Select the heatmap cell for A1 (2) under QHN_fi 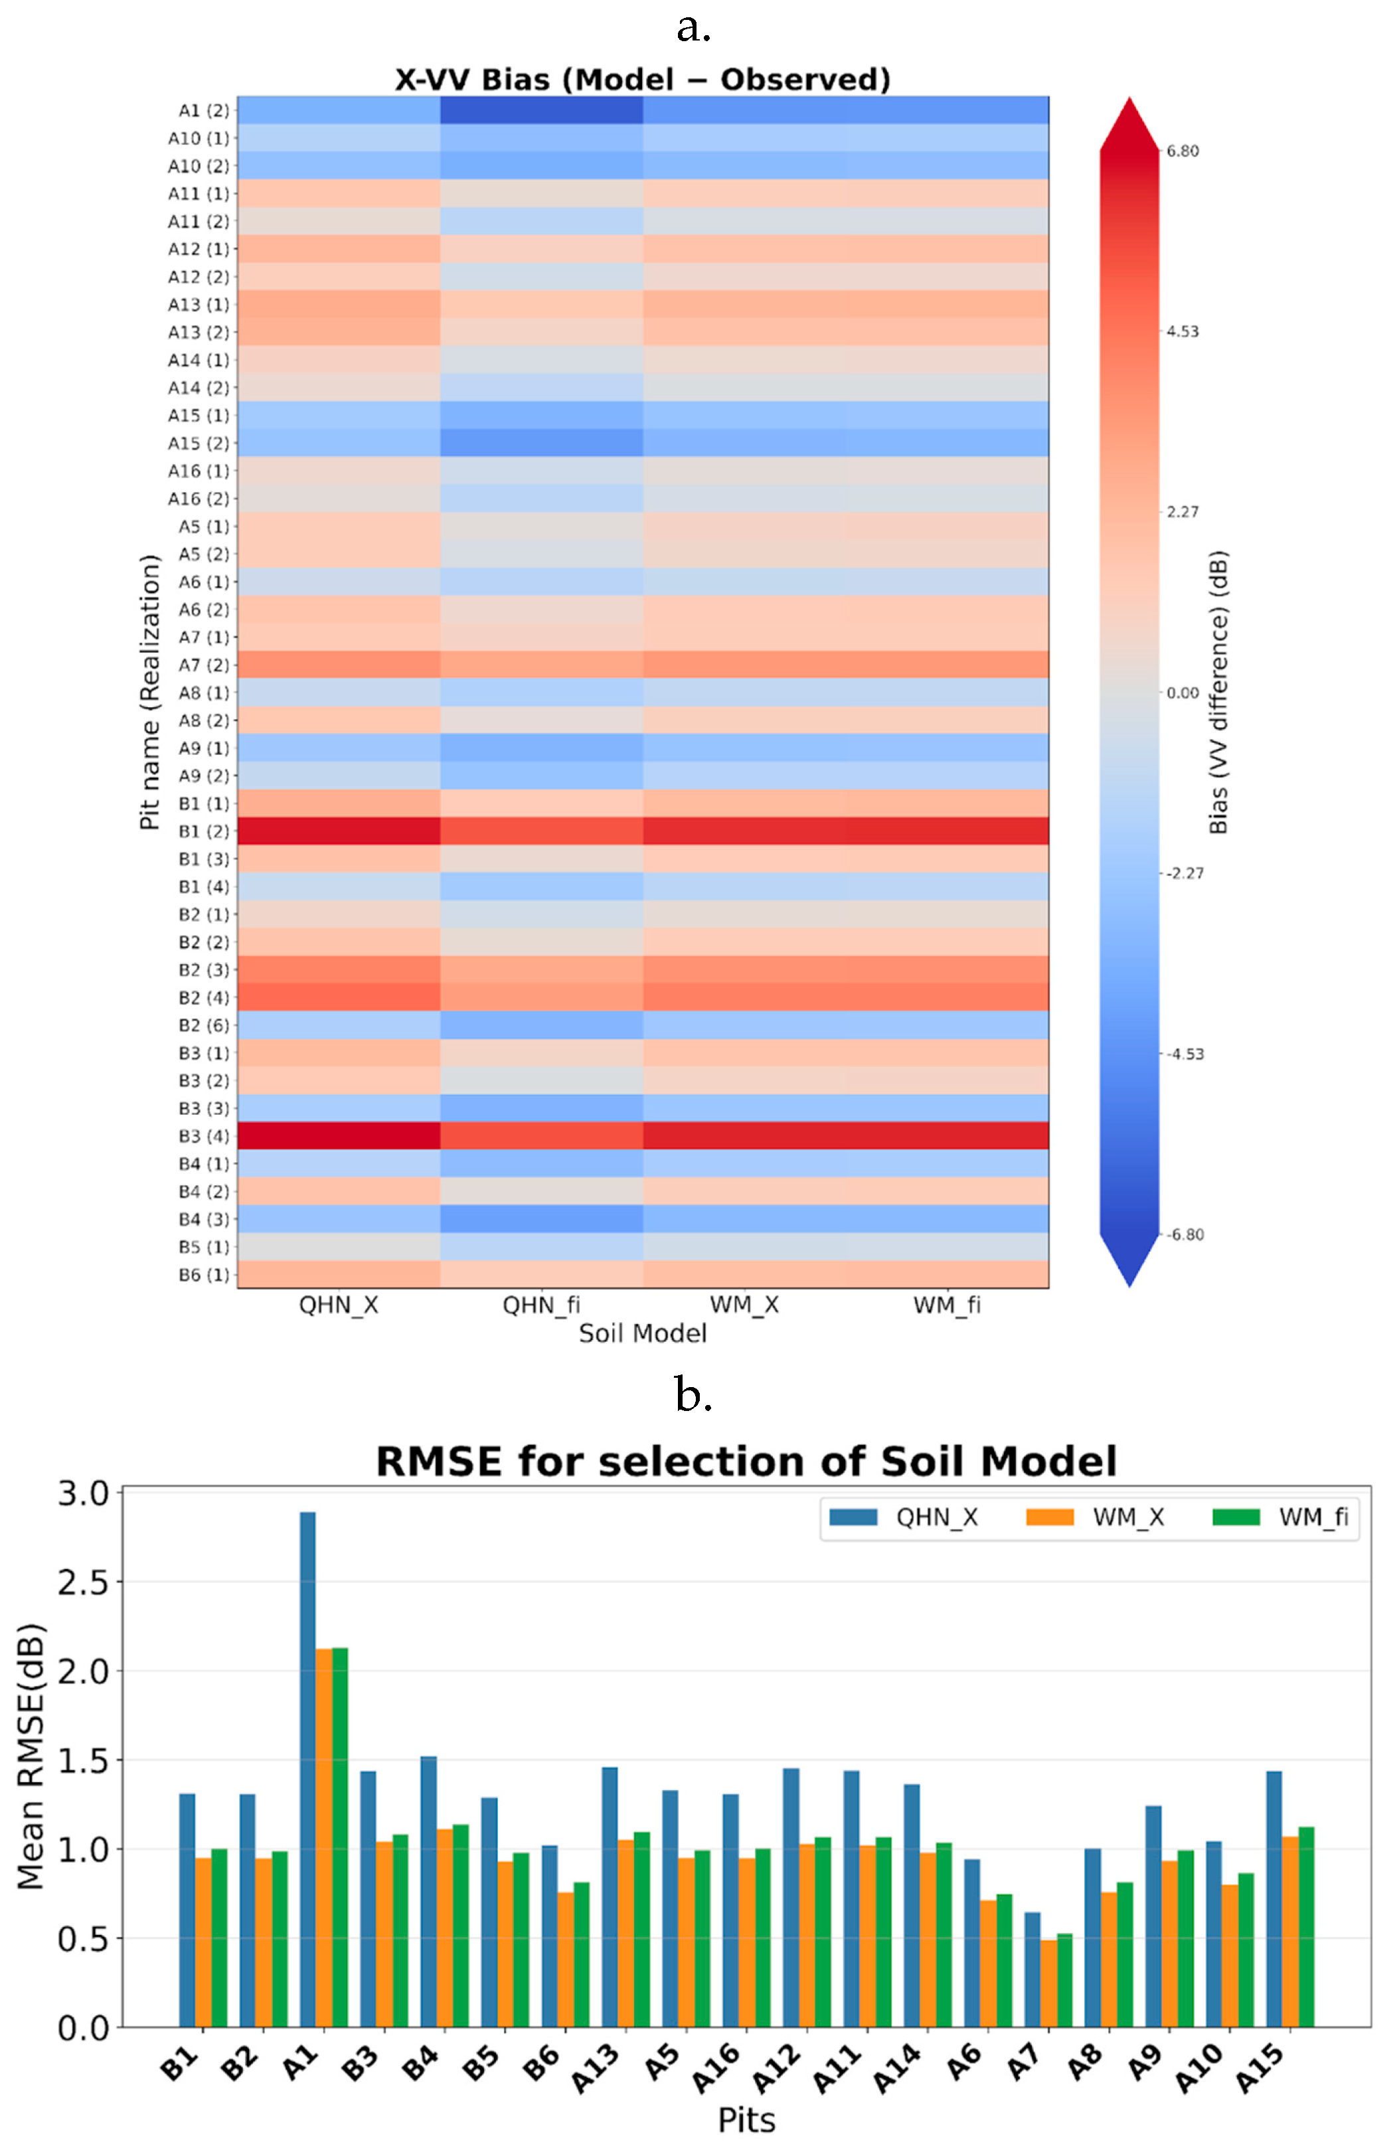tap(541, 110)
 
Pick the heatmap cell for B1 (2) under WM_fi tap(947, 831)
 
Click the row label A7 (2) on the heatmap tap(203, 665)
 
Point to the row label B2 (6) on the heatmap tap(203, 1025)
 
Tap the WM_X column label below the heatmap tap(744, 1305)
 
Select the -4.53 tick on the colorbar tap(1183, 1054)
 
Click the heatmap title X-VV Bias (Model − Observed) tap(642, 80)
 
